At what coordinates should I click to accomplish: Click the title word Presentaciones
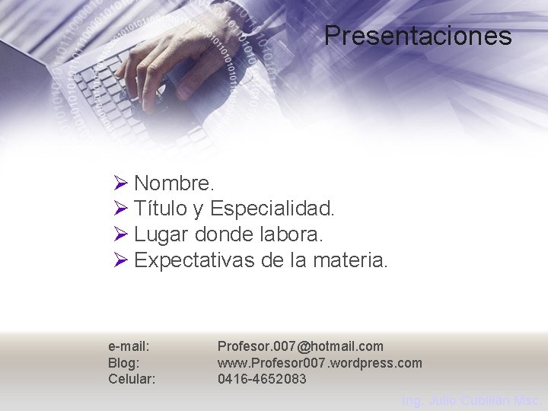pos(418,36)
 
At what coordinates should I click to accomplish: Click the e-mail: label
pos(129,347)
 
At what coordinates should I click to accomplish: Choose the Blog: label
pos(123,363)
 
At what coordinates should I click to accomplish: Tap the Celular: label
pos(132,379)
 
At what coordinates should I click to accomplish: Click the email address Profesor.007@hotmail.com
pos(300,347)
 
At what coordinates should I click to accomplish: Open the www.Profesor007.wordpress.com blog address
pos(320,363)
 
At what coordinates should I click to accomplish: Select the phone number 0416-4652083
pos(262,379)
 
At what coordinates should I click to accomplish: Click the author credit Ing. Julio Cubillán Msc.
pos(471,400)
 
